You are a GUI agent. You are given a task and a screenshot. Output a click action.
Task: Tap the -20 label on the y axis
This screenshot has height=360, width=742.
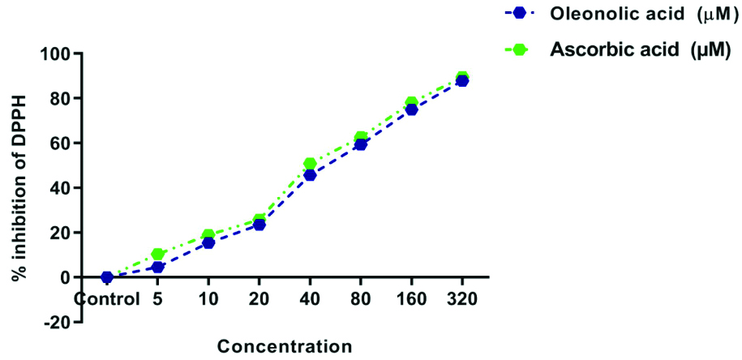coord(58,322)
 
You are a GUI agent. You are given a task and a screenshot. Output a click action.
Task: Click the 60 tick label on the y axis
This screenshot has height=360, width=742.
coord(62,144)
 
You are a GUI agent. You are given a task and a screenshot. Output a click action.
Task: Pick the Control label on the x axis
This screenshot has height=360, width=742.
coord(106,298)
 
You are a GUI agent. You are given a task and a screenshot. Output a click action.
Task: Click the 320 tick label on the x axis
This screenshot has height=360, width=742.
coord(462,298)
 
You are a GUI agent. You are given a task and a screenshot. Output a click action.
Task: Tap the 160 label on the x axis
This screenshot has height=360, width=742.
coord(411,298)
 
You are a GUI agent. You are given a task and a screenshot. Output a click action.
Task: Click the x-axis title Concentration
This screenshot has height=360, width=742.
coord(284,346)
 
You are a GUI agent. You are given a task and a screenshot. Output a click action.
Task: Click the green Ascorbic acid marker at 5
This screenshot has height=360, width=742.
coord(158,255)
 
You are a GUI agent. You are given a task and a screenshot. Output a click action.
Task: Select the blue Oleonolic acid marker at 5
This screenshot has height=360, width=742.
coord(158,267)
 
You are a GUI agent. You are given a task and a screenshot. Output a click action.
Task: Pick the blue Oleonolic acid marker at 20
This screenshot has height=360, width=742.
coord(259,225)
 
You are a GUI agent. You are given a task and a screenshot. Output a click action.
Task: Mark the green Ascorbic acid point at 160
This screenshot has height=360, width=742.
coord(411,103)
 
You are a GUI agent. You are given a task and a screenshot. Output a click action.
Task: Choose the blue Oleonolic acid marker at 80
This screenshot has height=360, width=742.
coord(361,144)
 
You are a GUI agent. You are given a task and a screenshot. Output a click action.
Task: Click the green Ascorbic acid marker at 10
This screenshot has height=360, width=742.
coord(208,235)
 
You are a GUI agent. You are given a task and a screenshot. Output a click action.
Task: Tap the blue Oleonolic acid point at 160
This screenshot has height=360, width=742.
coord(411,109)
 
